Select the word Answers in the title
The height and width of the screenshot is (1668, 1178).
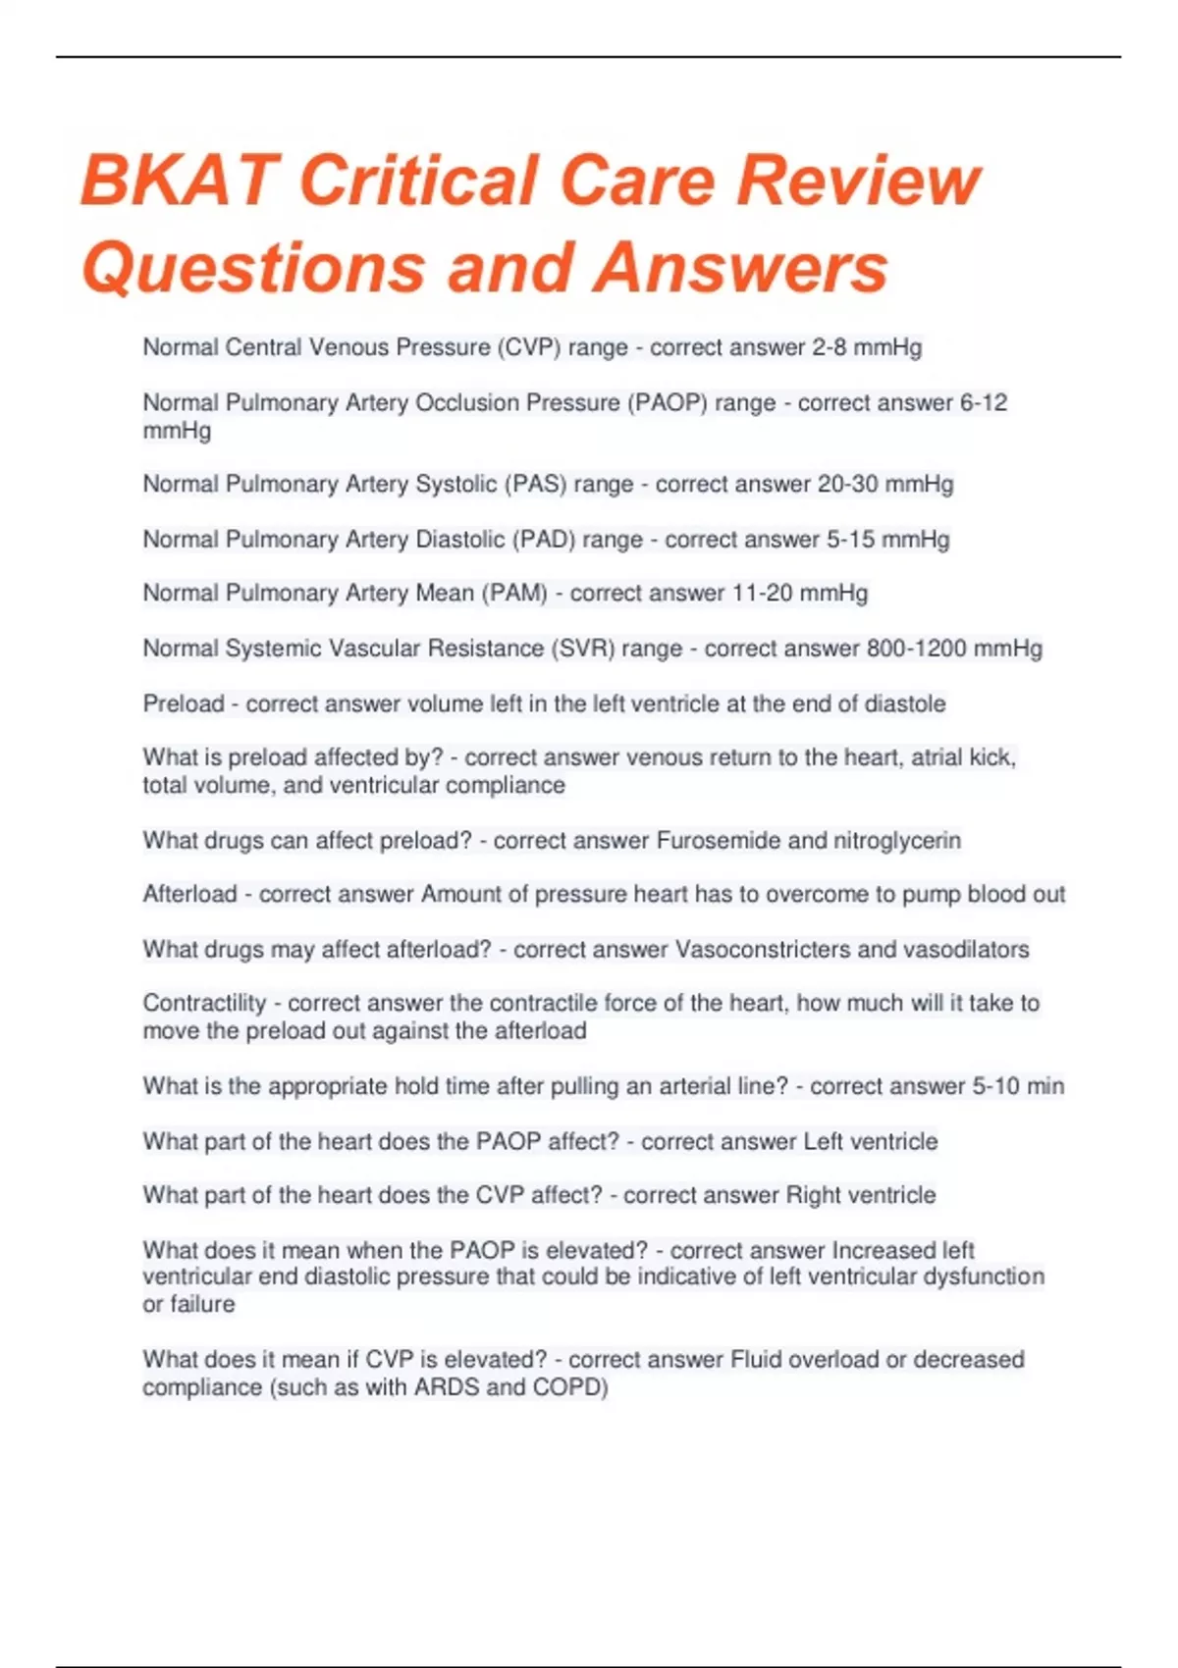tap(740, 267)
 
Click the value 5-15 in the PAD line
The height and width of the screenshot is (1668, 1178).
tap(850, 539)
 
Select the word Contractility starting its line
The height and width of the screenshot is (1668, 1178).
tap(204, 1003)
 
